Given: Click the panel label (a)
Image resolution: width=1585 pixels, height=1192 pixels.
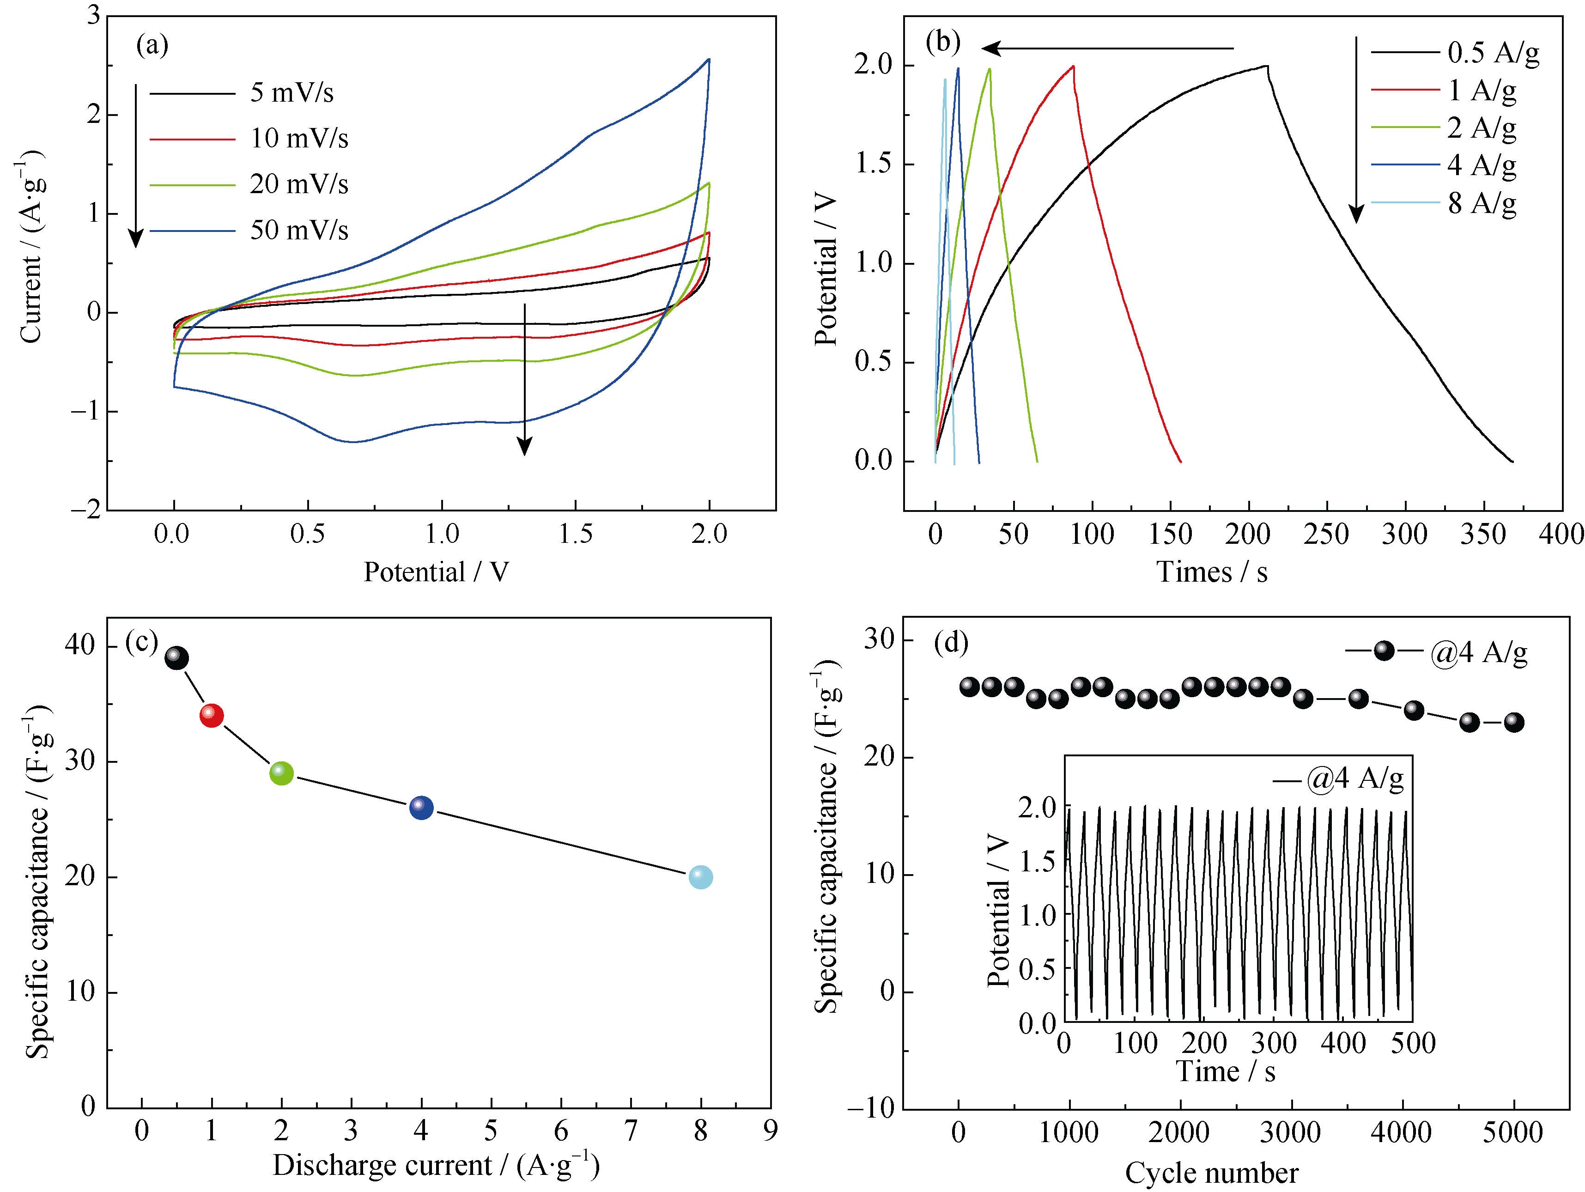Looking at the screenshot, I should (152, 45).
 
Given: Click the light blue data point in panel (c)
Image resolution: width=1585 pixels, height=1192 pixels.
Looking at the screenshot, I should (700, 876).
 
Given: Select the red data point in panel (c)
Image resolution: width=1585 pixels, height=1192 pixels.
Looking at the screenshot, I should (212, 715).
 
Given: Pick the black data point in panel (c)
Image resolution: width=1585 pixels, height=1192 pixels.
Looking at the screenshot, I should (176, 658).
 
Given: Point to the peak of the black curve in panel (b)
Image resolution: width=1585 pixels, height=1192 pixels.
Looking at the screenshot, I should (1267, 66).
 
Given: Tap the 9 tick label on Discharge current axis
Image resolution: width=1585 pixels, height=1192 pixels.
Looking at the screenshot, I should (770, 1131).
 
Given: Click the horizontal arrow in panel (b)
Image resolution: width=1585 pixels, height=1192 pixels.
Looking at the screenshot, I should (1107, 49).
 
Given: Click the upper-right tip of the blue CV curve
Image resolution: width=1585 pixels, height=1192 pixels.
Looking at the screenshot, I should (709, 60).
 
